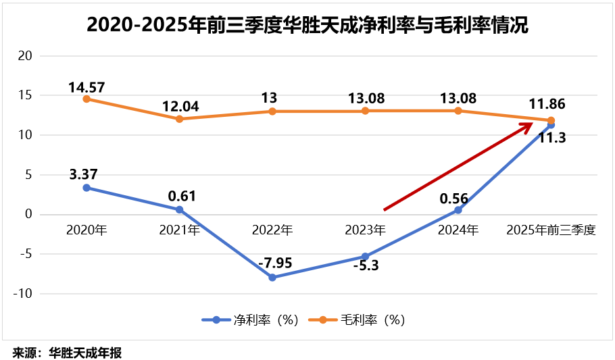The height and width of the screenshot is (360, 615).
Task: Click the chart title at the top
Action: tap(307, 26)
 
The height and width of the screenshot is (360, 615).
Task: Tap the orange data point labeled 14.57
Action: tap(87, 99)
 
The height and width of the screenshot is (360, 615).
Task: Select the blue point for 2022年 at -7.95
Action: tap(272, 277)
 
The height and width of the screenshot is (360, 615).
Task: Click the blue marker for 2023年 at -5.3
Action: tap(366, 257)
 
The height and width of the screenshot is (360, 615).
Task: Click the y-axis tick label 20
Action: tap(25, 55)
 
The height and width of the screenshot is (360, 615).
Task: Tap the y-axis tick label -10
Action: tap(24, 294)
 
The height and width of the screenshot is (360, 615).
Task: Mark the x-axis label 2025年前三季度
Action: tap(551, 230)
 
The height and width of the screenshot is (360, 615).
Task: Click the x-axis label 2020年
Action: tap(87, 230)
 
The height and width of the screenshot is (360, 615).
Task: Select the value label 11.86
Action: tap(547, 105)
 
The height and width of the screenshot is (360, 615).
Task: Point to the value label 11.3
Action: tap(552, 138)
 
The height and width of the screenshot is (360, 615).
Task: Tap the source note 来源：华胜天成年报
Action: tap(67, 352)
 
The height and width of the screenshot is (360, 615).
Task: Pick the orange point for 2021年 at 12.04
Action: tap(180, 119)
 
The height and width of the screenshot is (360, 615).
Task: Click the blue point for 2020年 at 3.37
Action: tap(87, 188)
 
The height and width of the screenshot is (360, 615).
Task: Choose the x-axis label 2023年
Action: tap(366, 230)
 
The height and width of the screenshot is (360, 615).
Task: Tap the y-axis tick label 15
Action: tap(25, 95)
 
